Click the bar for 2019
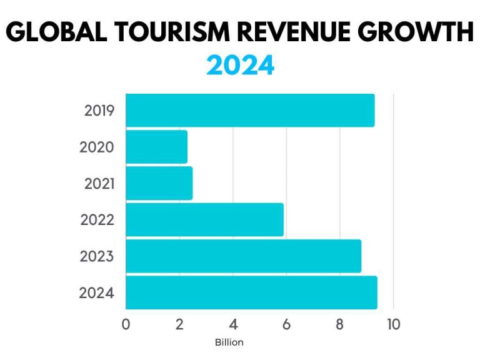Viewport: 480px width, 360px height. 250,111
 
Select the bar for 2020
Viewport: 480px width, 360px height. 157,147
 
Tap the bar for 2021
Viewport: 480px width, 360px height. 159,183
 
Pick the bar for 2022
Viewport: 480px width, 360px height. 205,219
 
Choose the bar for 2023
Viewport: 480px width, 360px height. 244,256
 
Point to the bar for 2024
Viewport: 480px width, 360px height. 251,292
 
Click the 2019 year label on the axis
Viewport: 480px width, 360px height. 99,111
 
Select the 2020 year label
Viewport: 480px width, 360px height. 97,147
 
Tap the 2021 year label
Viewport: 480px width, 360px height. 98,184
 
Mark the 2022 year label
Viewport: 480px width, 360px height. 97,220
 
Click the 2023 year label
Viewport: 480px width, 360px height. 97,256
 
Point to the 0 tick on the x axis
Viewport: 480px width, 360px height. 126,324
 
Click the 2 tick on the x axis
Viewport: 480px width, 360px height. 179,324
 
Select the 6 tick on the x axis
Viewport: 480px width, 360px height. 286,324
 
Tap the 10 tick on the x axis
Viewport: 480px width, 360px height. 393,324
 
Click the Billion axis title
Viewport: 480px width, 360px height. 229,342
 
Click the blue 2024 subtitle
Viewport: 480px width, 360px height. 240,65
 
